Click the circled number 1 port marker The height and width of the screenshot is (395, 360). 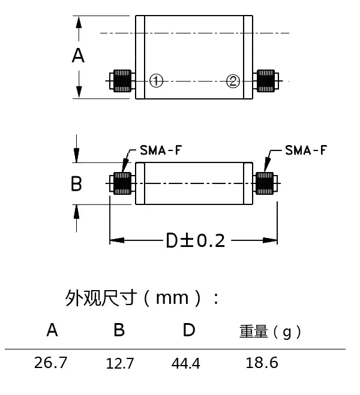coord(156,81)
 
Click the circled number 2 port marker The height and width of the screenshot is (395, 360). coord(233,81)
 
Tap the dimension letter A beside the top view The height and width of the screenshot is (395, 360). coord(78,56)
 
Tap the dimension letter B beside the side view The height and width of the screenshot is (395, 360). coord(76,183)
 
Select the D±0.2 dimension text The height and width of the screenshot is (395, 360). coord(195,241)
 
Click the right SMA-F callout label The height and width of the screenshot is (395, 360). coord(306,150)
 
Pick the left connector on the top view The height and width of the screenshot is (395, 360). coord(121,80)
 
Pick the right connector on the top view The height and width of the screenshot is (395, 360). coord(266,80)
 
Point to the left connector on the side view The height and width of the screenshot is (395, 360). coord(121,183)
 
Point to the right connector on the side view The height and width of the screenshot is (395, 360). coord(266,183)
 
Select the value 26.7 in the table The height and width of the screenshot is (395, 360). coord(52,363)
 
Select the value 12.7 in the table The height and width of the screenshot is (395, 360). coord(119,363)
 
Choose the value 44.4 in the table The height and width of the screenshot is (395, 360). coord(186,363)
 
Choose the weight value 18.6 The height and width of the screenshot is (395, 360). coord(262,363)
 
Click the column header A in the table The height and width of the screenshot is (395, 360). coord(53,330)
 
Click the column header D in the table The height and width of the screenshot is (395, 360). coord(188,330)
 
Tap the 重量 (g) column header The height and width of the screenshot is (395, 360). coord(269,331)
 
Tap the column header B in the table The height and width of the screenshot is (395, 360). coord(119,330)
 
